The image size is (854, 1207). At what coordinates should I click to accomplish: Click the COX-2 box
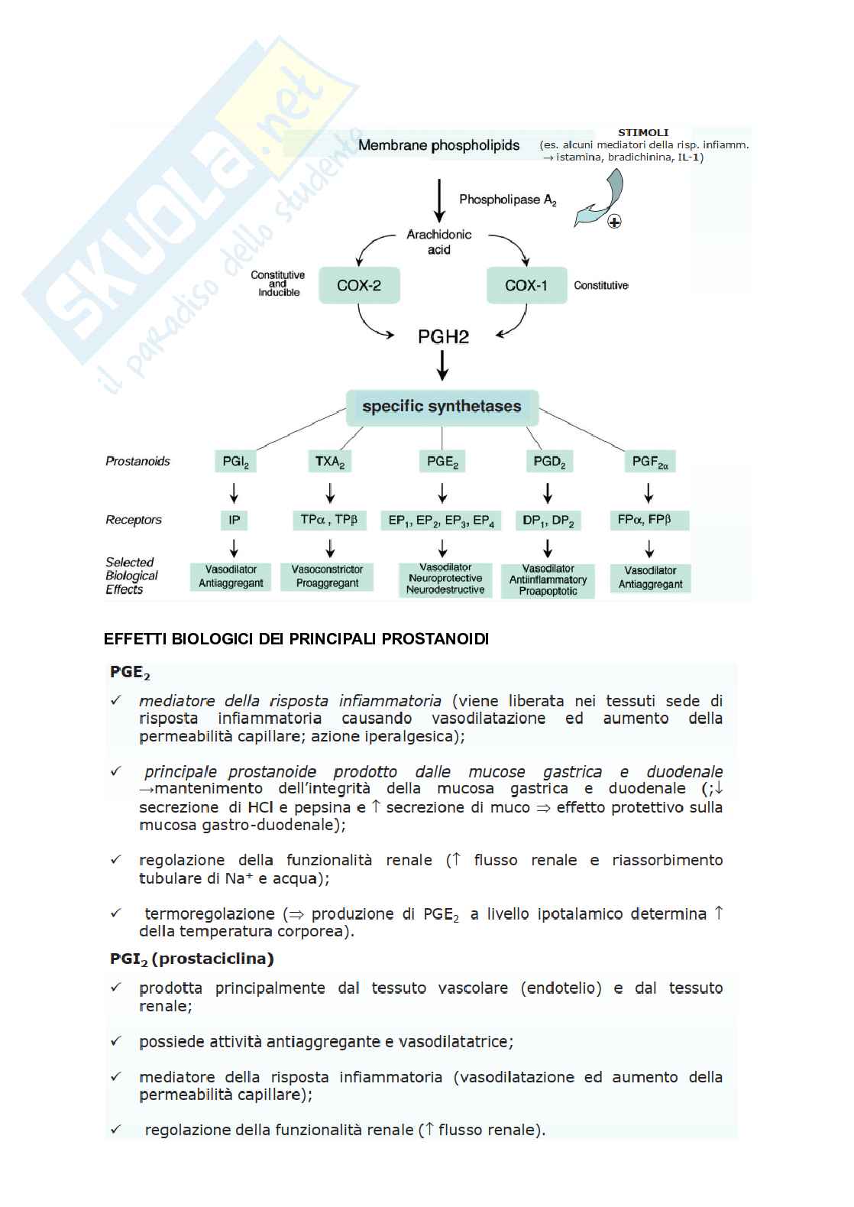pos(359,286)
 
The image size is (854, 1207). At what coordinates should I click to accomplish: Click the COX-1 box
pos(526,286)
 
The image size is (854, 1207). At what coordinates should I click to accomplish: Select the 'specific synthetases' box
pos(442,407)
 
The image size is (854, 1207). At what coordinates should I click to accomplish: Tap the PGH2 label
pos(443,336)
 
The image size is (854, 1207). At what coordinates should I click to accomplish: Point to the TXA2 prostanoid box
pos(330,462)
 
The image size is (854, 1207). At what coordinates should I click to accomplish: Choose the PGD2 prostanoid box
pos(548,462)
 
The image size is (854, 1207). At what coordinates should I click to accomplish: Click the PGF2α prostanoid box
pos(650,462)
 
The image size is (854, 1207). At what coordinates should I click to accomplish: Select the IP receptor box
pos(234,521)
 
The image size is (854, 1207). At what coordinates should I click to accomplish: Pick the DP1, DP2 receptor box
pos(548,521)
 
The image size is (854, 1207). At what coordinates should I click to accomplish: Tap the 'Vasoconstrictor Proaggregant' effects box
pos(327,576)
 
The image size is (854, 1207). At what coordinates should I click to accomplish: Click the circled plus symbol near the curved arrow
pos(614,222)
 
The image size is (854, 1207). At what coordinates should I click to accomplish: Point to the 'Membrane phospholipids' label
pos(438,145)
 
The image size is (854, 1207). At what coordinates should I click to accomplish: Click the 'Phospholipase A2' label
pos(507,200)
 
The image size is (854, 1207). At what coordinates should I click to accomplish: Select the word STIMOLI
pos(643,132)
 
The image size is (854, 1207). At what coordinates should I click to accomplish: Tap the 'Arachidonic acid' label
pos(438,242)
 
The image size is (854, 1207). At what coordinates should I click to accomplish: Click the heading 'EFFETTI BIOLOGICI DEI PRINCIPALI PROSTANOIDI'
pos(296,639)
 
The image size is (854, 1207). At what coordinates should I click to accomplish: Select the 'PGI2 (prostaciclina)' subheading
pos(192,959)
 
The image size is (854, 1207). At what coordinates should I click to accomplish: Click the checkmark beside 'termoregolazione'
pos(116,913)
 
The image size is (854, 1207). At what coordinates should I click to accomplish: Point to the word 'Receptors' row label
pos(134,520)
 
